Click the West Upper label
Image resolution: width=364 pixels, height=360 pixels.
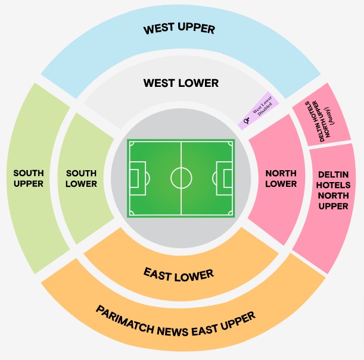[x=179, y=29]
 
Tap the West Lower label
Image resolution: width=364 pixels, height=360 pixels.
[x=181, y=83]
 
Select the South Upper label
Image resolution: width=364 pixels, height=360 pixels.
[x=28, y=179]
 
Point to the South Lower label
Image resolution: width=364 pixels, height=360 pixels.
[x=81, y=179]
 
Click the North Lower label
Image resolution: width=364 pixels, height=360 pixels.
[x=281, y=179]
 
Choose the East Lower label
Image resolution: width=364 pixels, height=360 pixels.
[x=178, y=274]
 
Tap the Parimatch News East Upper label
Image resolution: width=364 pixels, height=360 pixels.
[x=175, y=322]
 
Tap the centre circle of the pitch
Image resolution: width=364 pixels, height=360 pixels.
[x=181, y=177]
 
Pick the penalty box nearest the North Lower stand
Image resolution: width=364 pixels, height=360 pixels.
[x=225, y=177]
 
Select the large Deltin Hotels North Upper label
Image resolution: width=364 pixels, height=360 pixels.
[x=334, y=190]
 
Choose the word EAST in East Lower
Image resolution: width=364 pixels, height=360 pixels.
[x=158, y=273]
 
